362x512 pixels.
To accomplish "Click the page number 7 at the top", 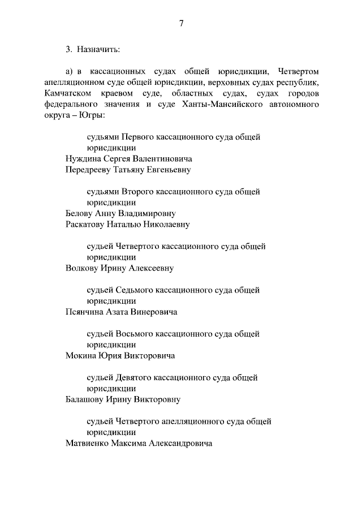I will click(181, 23).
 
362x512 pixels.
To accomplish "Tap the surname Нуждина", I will click(85, 159).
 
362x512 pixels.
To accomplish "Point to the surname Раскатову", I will click(90, 224).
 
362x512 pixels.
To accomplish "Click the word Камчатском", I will click(67, 93).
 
